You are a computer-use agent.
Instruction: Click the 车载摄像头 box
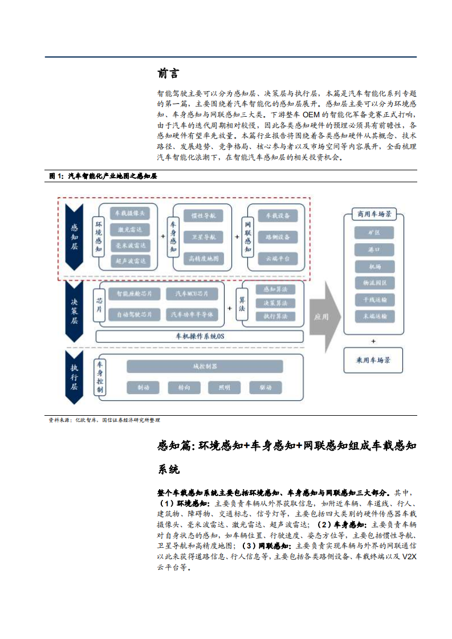click(131, 214)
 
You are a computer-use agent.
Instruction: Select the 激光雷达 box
click(131, 230)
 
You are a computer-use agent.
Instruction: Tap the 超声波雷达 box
click(131, 261)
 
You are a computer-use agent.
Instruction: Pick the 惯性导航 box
click(202, 216)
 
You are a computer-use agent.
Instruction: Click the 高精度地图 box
click(202, 259)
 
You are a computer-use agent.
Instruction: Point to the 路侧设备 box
click(278, 236)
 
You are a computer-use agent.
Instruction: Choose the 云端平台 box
click(278, 258)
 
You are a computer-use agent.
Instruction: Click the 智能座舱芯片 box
click(134, 294)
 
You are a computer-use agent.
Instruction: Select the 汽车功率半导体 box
click(191, 314)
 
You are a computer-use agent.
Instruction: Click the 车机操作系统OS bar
click(199, 336)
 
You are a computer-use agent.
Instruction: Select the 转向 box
click(184, 387)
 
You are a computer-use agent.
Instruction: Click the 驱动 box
click(266, 387)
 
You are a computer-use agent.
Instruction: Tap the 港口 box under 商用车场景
click(374, 249)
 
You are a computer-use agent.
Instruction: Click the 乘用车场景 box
click(374, 361)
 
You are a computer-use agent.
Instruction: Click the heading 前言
click(168, 73)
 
